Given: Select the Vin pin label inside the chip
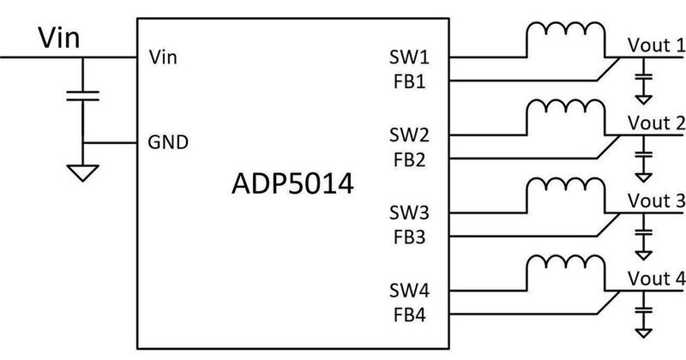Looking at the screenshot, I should click(163, 58).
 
